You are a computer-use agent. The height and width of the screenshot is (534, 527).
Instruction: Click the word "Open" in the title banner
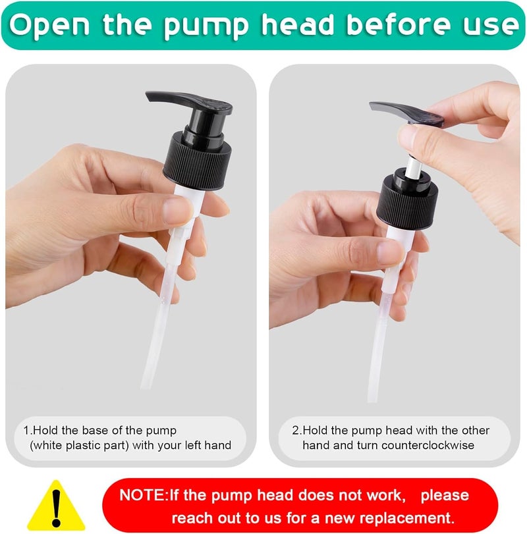(x=49, y=25)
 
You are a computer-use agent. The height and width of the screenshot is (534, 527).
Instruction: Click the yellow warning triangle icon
(x=56, y=506)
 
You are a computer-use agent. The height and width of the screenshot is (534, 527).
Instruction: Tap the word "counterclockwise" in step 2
(x=428, y=445)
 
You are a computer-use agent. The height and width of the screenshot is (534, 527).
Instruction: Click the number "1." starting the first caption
(x=28, y=431)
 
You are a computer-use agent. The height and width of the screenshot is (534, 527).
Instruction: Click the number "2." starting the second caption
(x=297, y=431)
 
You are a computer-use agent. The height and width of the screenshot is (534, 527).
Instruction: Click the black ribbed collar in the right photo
(x=407, y=201)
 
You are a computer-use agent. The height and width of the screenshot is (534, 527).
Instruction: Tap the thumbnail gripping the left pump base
(x=177, y=209)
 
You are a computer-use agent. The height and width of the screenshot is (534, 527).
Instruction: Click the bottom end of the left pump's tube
(x=146, y=387)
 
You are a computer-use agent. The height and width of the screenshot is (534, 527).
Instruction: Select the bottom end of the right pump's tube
(x=372, y=400)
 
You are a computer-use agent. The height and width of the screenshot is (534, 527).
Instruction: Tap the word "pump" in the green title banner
(x=206, y=26)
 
